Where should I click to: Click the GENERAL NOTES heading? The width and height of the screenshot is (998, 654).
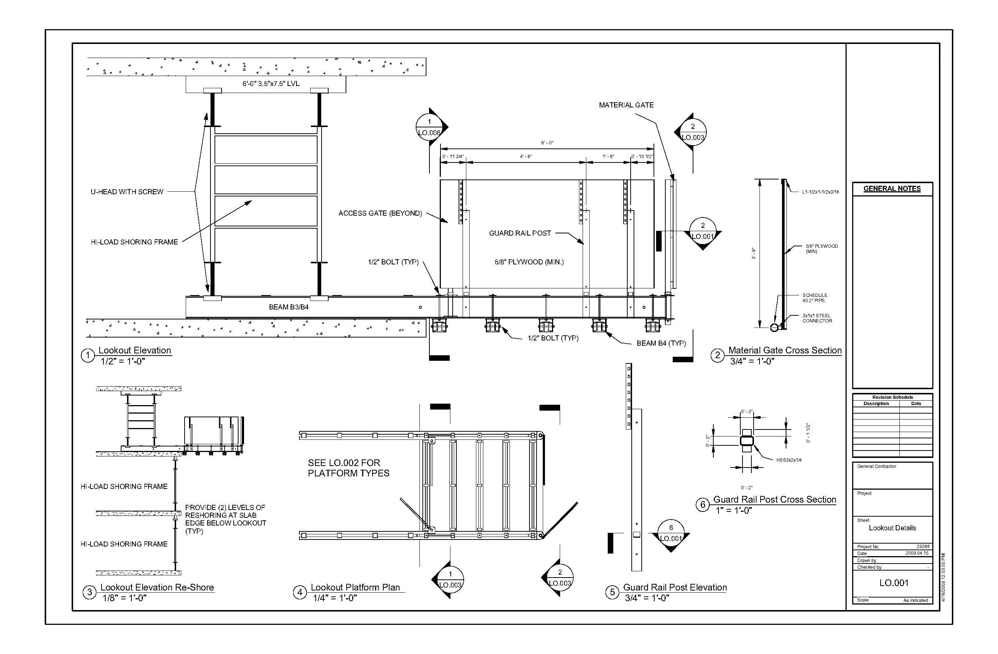point(892,189)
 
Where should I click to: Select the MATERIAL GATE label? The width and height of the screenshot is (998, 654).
point(626,105)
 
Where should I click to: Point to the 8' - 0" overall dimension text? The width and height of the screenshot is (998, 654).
point(547,143)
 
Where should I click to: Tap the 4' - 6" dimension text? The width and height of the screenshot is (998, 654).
point(526,157)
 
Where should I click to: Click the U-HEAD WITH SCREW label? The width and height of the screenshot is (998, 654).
point(127,192)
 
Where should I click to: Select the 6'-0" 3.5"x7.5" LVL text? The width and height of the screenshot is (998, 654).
point(271,84)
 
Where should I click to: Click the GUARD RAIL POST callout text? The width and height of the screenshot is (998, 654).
point(520,233)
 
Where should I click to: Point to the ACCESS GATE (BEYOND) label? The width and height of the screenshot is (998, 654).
point(380,213)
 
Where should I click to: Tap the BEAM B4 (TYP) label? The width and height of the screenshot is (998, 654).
point(661,343)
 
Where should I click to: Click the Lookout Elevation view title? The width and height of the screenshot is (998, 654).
point(135,350)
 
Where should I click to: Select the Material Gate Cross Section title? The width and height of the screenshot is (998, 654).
point(785,350)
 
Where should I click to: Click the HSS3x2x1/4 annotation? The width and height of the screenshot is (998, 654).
point(789,460)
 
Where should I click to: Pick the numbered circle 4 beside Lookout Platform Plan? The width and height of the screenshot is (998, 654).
point(299,592)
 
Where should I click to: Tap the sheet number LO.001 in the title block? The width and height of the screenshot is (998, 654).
point(894,583)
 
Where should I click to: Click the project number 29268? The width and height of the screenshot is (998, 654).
point(923,547)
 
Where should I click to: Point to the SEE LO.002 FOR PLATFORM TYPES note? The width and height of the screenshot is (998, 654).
point(349,468)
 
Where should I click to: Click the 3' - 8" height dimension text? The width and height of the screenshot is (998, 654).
point(754,253)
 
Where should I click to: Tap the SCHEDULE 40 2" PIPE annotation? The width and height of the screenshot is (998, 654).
point(815,298)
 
